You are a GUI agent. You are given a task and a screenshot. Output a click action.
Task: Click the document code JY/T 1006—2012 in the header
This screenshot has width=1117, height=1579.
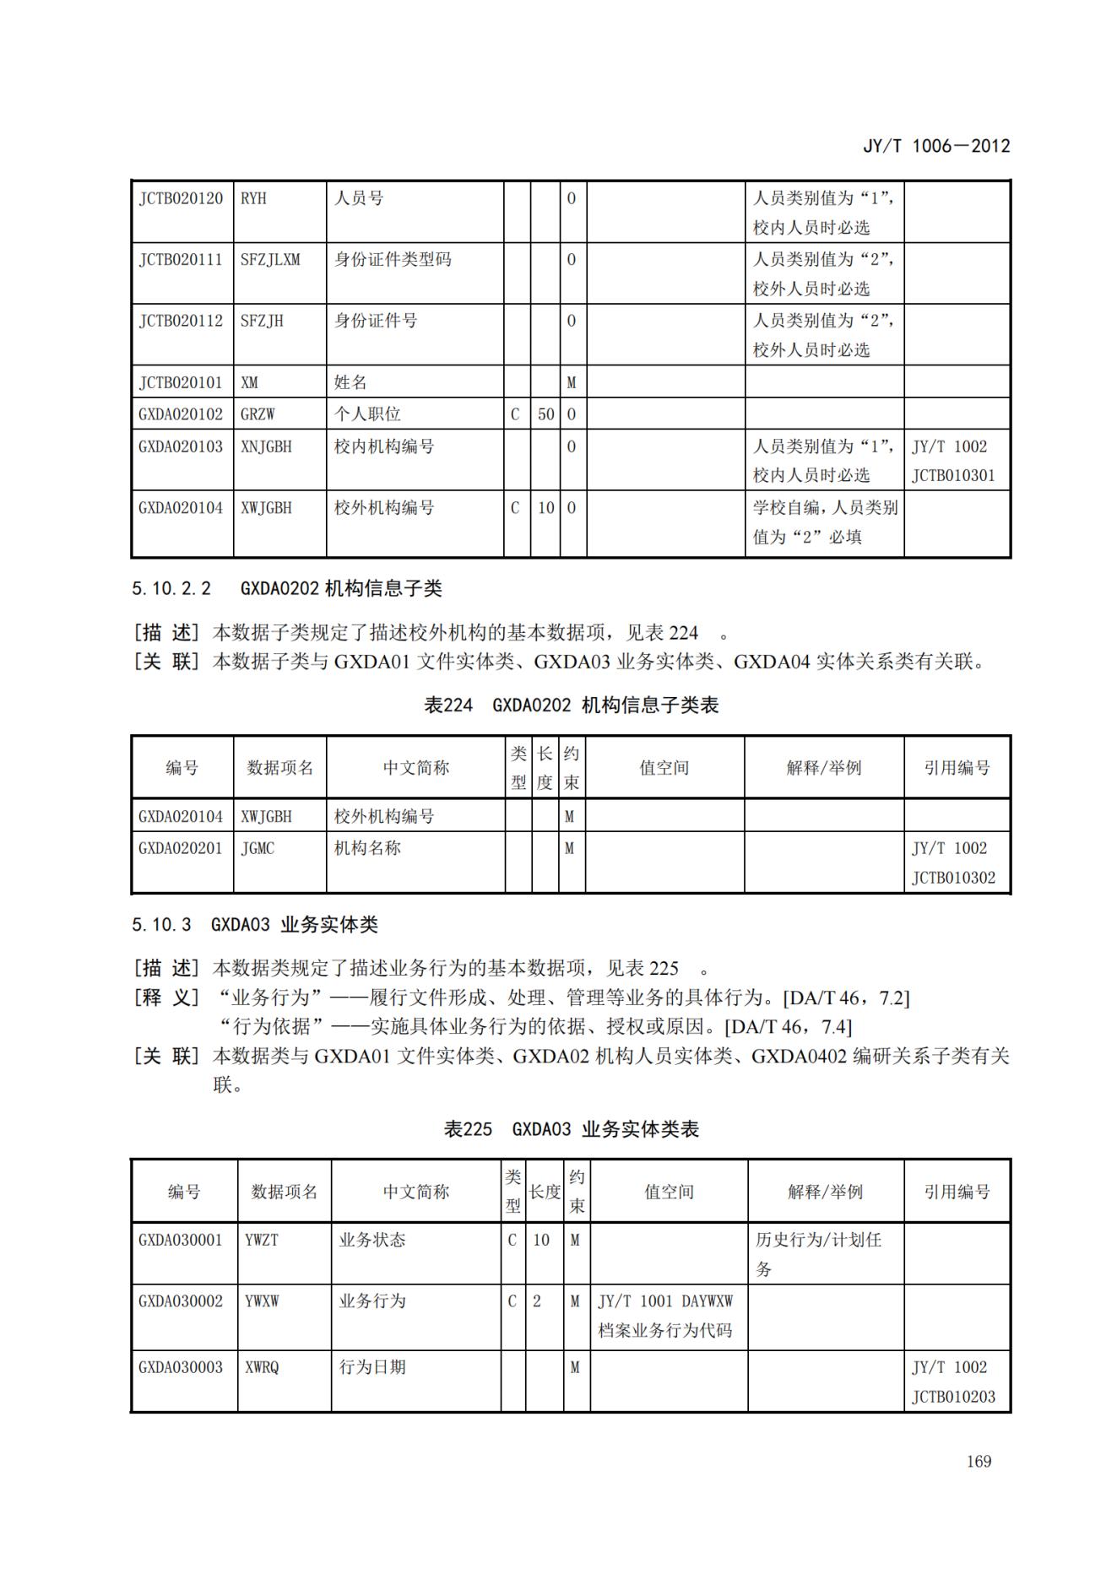(x=935, y=146)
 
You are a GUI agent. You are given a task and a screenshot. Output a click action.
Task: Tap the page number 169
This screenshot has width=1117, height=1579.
(x=979, y=1461)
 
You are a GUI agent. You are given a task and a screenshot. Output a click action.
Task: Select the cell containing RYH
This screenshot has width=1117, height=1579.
(x=253, y=198)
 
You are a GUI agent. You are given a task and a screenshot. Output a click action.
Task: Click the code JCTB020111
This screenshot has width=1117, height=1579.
(x=181, y=260)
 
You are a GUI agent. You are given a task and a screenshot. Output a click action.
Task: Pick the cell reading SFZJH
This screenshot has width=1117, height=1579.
(x=262, y=321)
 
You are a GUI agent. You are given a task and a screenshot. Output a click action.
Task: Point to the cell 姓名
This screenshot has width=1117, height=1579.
(x=350, y=382)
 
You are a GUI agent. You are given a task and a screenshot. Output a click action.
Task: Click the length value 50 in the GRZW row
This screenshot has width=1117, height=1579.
(x=545, y=414)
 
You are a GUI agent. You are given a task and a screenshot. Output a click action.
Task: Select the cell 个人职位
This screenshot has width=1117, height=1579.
(x=367, y=414)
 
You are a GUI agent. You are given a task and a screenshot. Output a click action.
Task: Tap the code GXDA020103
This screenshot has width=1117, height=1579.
(x=181, y=446)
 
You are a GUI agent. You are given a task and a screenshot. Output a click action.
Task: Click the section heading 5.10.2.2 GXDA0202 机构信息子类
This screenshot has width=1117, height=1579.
(x=287, y=588)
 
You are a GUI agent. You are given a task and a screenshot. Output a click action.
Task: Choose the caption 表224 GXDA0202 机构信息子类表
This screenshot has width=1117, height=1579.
(x=571, y=705)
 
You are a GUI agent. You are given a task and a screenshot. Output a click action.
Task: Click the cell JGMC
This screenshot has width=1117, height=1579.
(x=258, y=848)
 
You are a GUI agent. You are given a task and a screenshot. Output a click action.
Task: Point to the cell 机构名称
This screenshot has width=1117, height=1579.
(x=367, y=848)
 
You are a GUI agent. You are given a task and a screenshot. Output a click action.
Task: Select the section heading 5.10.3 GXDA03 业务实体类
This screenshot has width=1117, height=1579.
(x=254, y=924)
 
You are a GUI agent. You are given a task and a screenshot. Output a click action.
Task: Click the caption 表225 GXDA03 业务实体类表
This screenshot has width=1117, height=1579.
(x=571, y=1129)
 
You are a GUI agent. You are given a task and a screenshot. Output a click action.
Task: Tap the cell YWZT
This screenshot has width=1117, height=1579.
(x=261, y=1240)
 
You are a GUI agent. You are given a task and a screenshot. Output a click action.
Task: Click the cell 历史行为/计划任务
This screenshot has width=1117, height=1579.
(x=817, y=1253)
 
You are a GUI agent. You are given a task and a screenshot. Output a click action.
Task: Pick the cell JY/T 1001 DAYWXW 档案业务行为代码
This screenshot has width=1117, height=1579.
(x=665, y=1316)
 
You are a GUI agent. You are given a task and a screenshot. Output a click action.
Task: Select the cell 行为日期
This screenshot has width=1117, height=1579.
(x=372, y=1366)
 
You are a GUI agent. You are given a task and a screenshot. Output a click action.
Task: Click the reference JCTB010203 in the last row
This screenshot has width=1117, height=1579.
(x=953, y=1397)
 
